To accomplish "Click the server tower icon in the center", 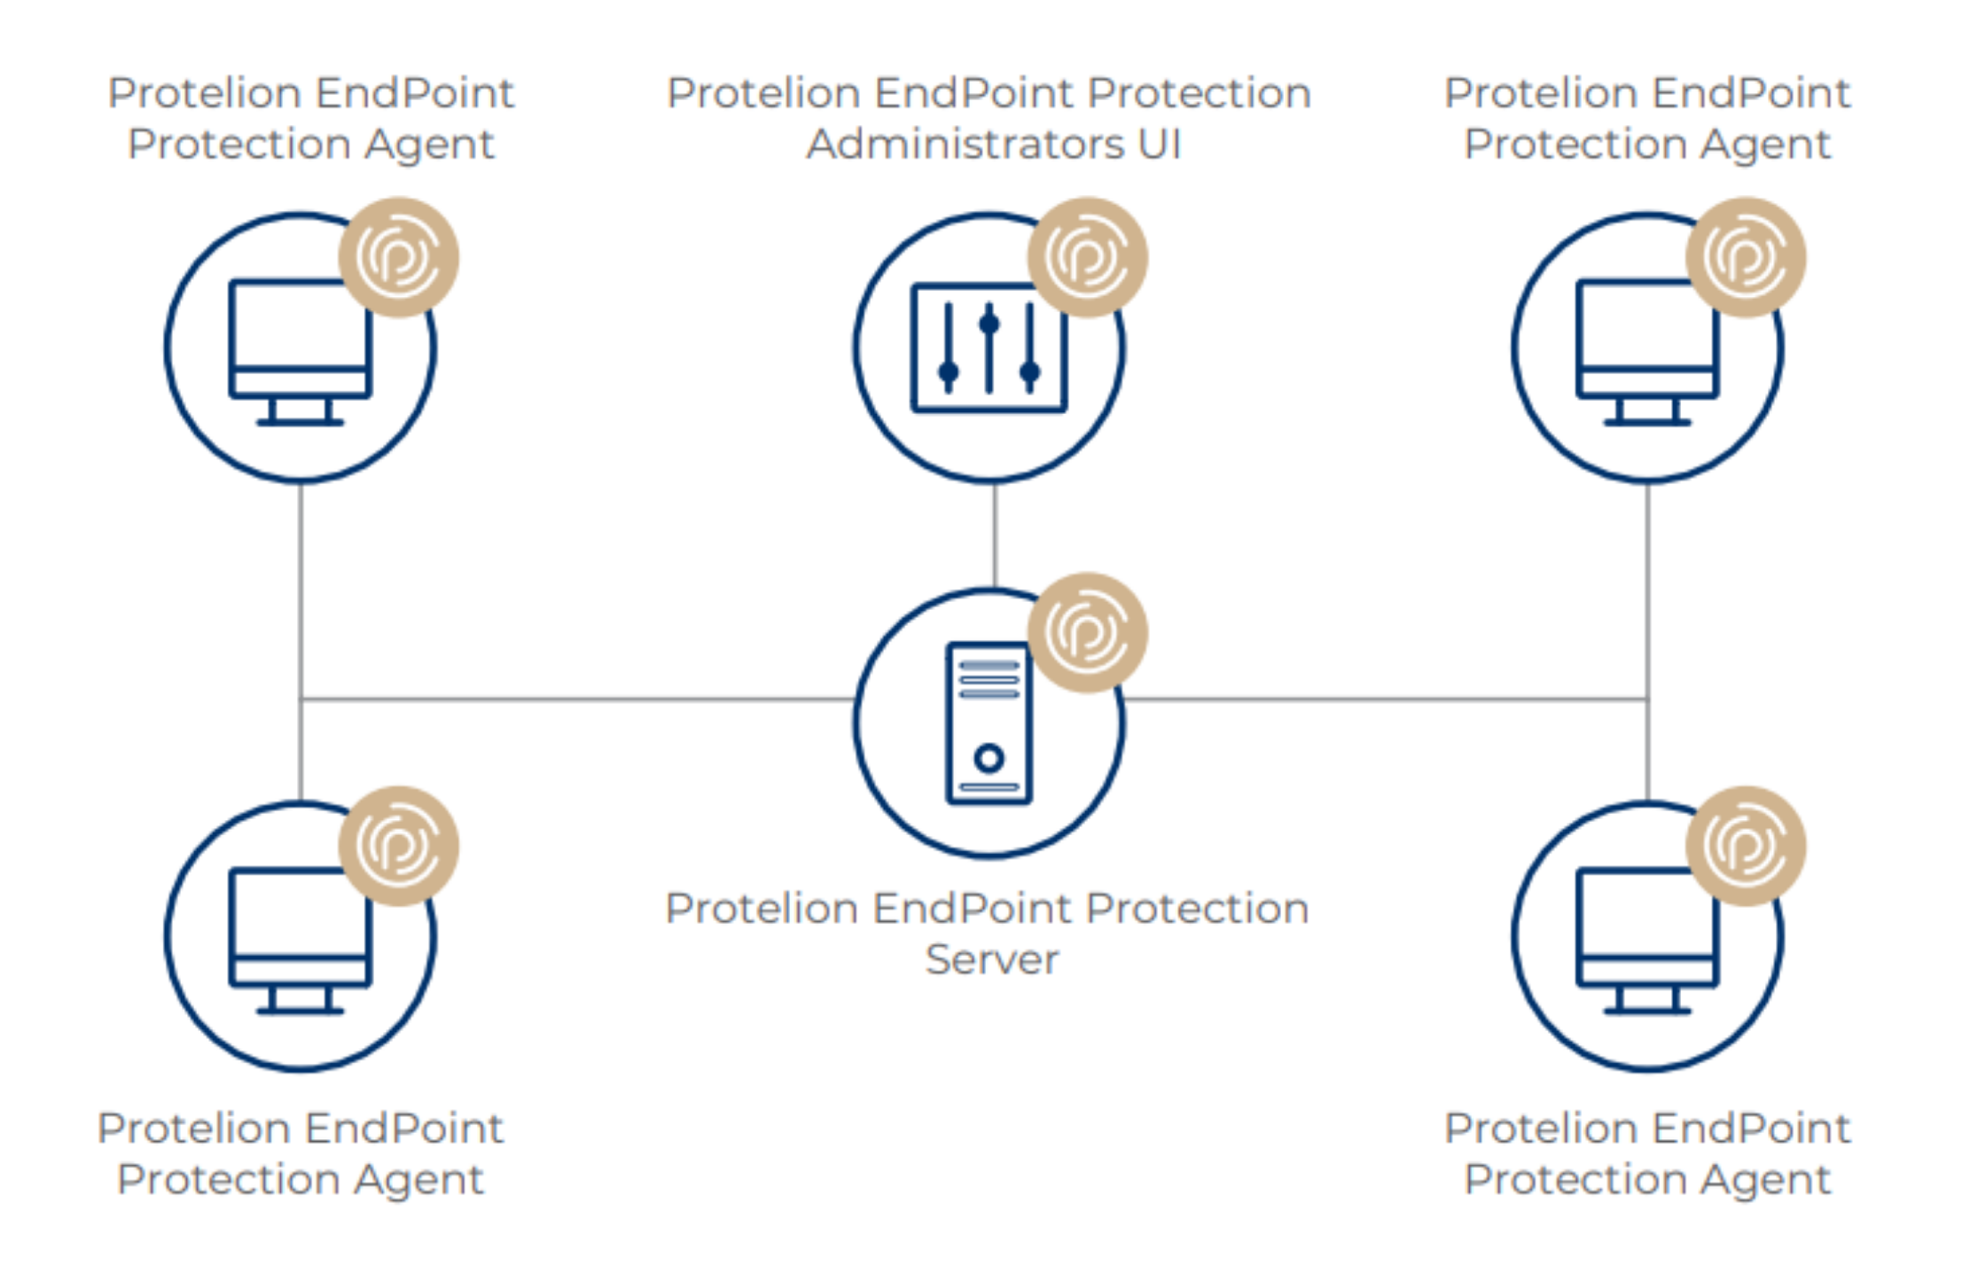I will (989, 723).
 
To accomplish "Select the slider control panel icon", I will (989, 348).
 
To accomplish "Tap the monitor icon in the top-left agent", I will (300, 351).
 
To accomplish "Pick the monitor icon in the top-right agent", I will (1646, 351).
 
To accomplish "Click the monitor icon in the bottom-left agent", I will (300, 940).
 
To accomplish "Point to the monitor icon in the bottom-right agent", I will (1646, 940).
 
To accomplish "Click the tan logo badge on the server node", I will (1087, 632).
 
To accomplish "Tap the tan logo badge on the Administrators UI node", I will (1087, 257).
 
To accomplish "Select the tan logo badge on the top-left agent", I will (399, 257).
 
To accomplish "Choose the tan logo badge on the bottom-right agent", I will (1745, 846).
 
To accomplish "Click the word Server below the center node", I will (992, 959).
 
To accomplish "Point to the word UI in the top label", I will (1159, 144).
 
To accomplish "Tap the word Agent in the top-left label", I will (429, 145).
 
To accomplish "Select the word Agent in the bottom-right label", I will (1766, 1180).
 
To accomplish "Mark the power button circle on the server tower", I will (989, 758).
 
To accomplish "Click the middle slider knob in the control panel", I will (989, 324).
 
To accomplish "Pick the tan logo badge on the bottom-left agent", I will (399, 846).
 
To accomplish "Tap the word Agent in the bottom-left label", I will (418, 1180).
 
